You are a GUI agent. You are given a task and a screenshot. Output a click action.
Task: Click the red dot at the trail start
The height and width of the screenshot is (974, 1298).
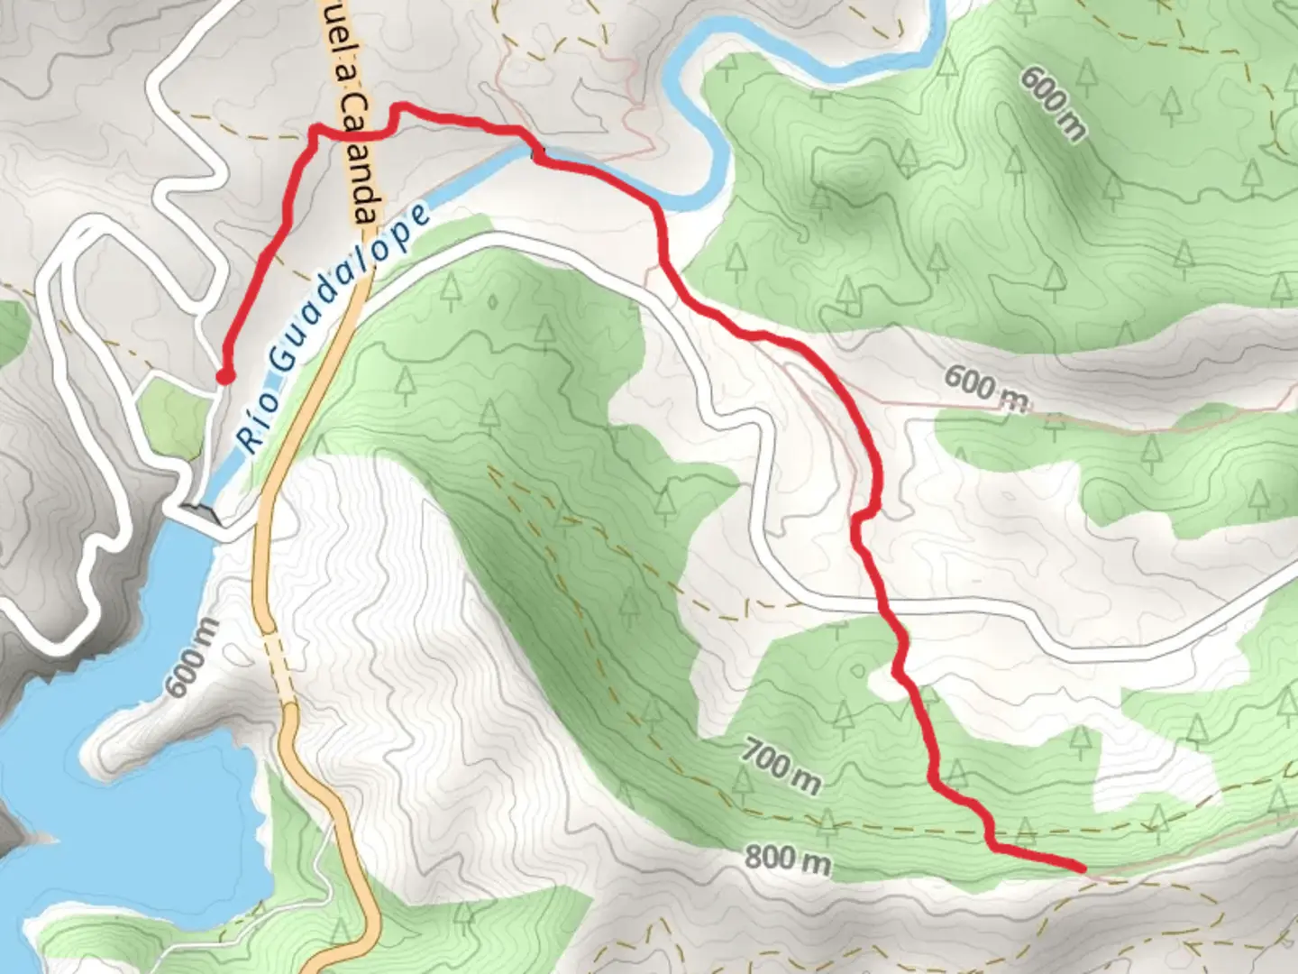tap(224, 376)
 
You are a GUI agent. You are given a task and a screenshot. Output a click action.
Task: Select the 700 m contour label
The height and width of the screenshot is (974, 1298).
tap(782, 765)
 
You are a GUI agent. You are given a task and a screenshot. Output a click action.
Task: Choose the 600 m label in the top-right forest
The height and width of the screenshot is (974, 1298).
tap(1053, 102)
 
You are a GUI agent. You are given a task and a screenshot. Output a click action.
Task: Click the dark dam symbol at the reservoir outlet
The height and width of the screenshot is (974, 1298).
tap(204, 513)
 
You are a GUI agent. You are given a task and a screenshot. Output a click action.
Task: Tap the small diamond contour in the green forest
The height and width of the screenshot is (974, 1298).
tap(493, 302)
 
